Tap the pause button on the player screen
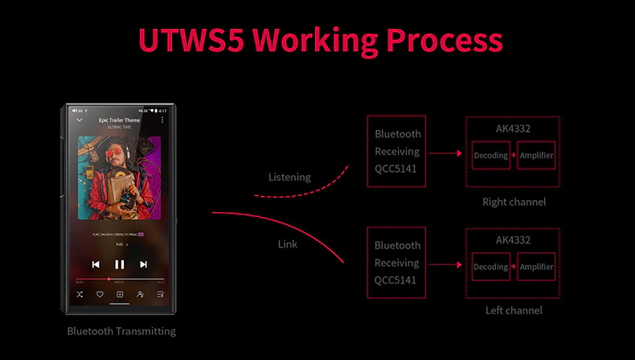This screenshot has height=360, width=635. coord(120,264)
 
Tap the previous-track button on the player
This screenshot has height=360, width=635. coord(96,264)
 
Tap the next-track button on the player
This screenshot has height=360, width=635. coord(144,264)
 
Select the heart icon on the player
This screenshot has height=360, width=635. coord(100,294)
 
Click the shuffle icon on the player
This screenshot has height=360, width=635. coord(80,294)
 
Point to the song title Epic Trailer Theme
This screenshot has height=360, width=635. coord(119,120)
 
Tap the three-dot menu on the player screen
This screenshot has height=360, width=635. coord(162,120)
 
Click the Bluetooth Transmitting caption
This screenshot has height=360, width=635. coord(121,331)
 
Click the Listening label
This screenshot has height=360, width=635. coord(289,177)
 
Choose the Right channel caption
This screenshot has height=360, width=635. coord(514,202)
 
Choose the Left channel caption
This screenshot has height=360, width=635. coord(514,310)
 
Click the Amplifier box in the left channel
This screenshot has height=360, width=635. coord(536,267)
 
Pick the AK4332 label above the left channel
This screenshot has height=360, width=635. coord(513,239)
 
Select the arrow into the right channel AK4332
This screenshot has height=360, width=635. coord(445,152)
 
